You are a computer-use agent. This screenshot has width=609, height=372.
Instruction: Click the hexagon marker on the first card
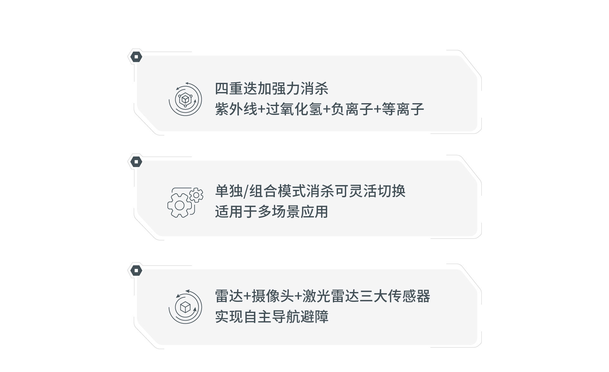136,57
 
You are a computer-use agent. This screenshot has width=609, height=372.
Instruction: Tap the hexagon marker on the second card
136,162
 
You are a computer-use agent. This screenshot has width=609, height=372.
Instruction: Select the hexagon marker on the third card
136,271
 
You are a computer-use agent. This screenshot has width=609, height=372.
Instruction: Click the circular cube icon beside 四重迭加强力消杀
185,99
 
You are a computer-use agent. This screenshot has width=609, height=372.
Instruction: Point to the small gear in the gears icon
196,195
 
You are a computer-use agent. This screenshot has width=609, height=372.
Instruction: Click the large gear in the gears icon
180,206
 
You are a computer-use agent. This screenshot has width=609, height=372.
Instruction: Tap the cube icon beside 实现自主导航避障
185,307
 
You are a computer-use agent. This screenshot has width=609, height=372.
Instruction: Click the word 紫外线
236,109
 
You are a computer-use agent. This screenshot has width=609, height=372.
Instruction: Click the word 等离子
403,109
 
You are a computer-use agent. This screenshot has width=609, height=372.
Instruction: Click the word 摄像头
273,296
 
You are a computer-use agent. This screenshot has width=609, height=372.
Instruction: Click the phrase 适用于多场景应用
272,212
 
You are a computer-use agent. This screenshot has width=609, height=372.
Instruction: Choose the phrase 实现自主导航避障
272,317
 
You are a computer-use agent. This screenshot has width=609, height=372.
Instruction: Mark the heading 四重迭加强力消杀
272,89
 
